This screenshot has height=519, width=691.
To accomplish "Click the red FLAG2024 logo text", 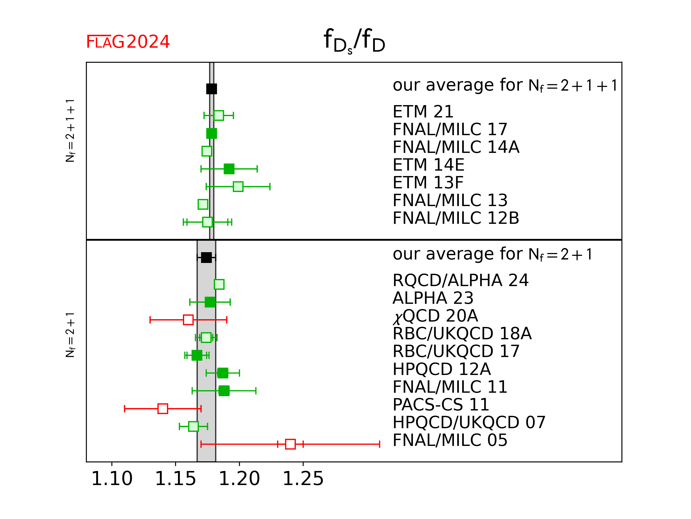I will pos(128,42).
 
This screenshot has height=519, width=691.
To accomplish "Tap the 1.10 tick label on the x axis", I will pos(112,479).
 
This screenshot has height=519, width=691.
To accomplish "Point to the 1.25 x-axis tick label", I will pos(303,479).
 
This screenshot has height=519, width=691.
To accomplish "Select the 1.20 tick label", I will pos(239,479).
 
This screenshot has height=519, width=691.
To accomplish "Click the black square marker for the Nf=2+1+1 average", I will pos(211,89).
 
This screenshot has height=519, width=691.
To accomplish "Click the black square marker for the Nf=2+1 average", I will pos(206,258).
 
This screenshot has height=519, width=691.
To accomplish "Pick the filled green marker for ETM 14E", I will pos(229,169).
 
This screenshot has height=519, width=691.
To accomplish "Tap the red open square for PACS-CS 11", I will pos(163,408).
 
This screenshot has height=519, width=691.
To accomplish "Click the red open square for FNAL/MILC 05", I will pos(290,444).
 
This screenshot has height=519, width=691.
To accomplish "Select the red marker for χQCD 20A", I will pos(188,320).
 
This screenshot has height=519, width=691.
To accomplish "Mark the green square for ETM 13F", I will pos(238,187).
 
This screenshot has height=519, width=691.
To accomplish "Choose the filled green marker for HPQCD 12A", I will pos(223,373).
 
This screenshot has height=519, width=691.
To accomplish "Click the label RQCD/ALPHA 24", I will pos(460,280).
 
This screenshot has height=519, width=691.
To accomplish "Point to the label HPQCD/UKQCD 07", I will pos(469,422).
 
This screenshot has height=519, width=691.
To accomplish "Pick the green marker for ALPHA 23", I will pos(210,302).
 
